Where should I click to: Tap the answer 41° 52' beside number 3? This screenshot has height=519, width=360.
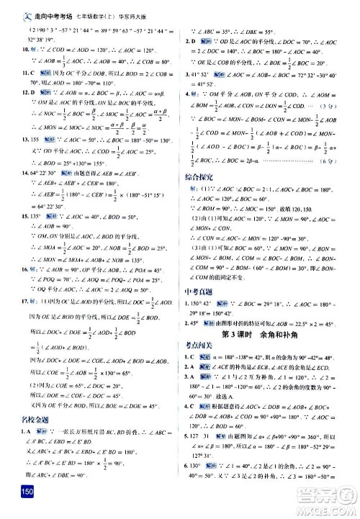pos(204,74)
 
